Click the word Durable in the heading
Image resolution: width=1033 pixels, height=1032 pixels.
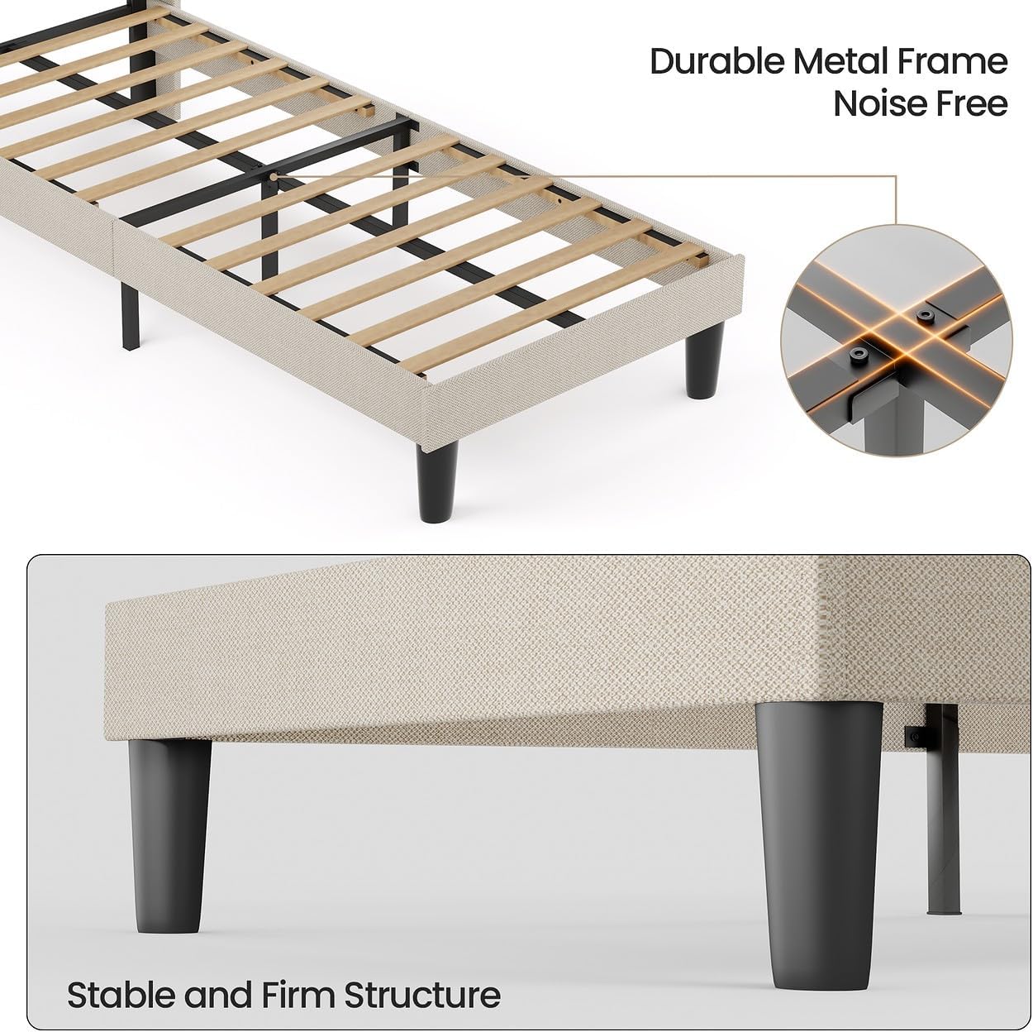click(x=716, y=62)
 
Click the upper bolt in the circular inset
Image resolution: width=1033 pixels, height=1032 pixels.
click(x=924, y=317)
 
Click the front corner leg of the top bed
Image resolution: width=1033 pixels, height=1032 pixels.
click(x=437, y=480)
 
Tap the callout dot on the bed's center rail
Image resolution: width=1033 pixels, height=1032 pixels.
click(x=274, y=176)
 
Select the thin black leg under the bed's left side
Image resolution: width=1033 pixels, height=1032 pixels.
click(x=130, y=316)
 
